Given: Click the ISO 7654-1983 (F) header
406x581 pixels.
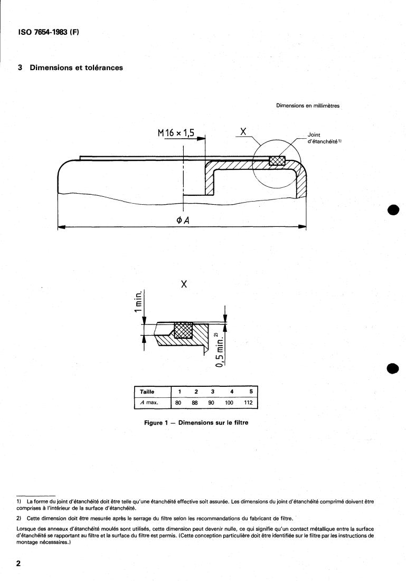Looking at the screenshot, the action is coord(49,32).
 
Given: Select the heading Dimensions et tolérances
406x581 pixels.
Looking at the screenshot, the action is coord(77,68).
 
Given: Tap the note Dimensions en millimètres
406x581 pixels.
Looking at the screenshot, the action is coord(308,106).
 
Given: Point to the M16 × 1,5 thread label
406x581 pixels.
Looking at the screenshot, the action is coord(176,132).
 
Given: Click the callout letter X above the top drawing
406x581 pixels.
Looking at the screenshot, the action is coord(243,131).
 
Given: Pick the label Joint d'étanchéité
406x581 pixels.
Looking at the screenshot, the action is coord(324,138).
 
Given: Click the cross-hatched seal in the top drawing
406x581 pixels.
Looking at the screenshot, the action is coord(277,160).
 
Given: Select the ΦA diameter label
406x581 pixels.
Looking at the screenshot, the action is coord(183,220).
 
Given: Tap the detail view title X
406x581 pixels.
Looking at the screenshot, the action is coord(184,284).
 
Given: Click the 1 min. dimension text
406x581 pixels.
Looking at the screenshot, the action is coord(138,301).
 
